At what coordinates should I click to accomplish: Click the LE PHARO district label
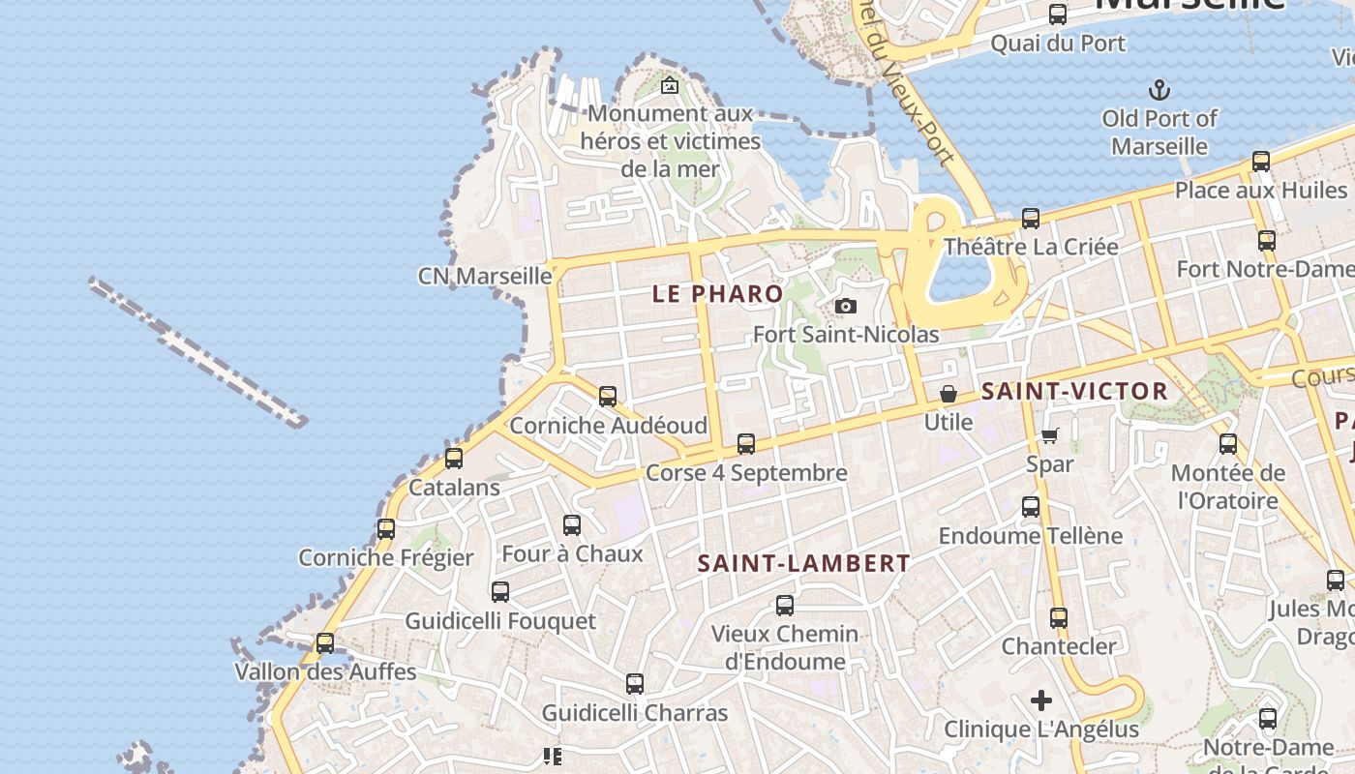[x=717, y=294]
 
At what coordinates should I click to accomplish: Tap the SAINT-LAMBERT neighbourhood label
[x=804, y=563]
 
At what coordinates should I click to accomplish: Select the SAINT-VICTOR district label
[x=1074, y=392]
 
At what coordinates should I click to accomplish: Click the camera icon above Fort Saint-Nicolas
[x=845, y=307]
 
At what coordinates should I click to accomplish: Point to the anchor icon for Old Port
[x=1159, y=91]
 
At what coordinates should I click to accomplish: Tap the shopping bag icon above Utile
[x=948, y=394]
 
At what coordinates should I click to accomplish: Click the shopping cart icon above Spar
[x=1050, y=435]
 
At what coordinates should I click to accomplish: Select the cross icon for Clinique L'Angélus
[x=1041, y=700]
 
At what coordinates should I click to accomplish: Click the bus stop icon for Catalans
[x=454, y=459]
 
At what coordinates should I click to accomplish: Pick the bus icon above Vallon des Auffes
[x=325, y=643]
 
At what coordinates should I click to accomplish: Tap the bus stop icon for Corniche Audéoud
[x=608, y=397]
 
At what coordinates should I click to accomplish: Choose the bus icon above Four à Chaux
[x=572, y=525]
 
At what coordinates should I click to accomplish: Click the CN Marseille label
[x=485, y=276]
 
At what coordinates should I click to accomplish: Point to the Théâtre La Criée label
[x=1031, y=247]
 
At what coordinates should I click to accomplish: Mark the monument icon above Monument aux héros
[x=669, y=86]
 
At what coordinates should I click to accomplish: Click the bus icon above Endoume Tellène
[x=1031, y=507]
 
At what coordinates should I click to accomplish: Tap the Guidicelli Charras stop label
[x=634, y=713]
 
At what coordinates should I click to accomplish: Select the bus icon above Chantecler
[x=1059, y=617]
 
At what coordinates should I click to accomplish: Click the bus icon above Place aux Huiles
[x=1261, y=162]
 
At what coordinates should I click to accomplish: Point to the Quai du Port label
[x=1058, y=44]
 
